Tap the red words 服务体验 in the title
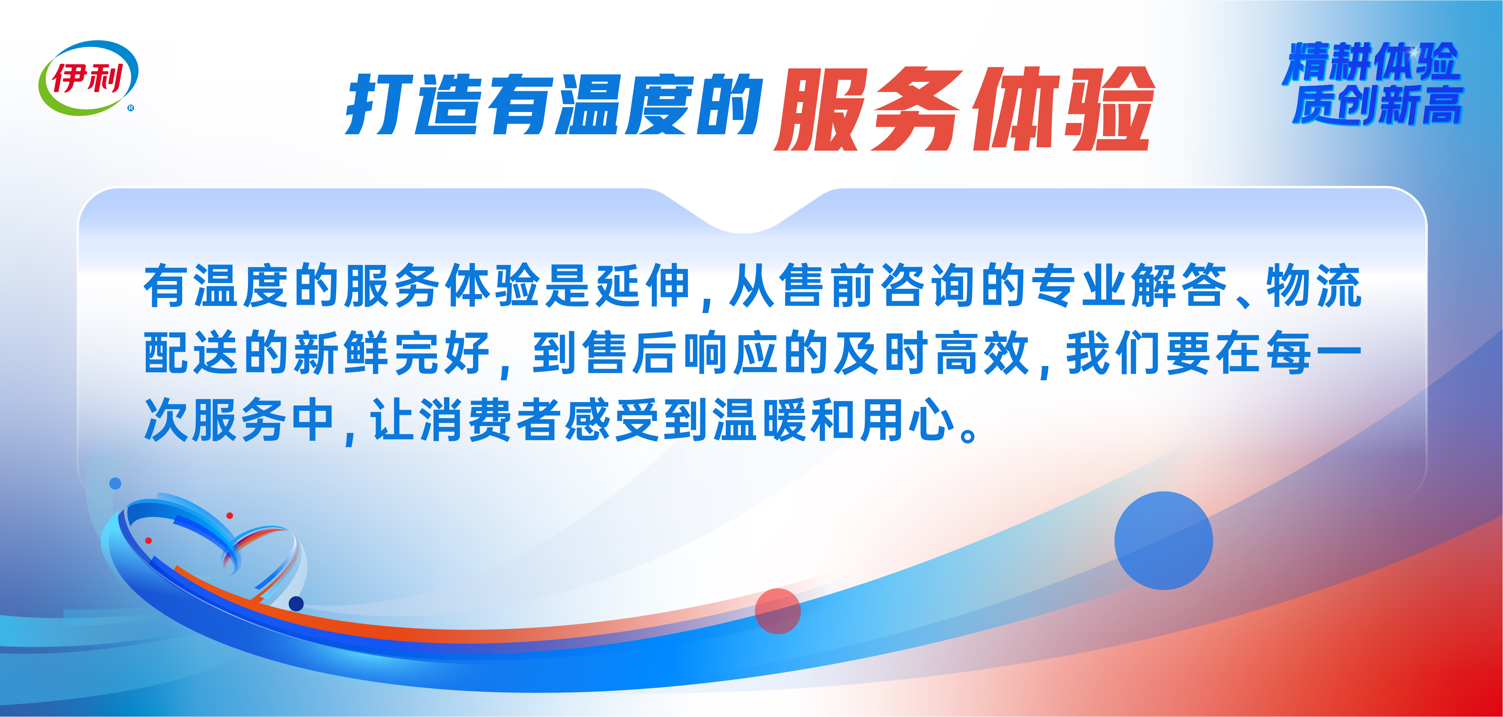click(x=964, y=109)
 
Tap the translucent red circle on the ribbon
click(x=777, y=611)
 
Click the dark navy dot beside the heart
click(x=296, y=603)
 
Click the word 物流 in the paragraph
click(x=1313, y=286)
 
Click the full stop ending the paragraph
click(x=968, y=436)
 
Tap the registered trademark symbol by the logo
click(x=131, y=108)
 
